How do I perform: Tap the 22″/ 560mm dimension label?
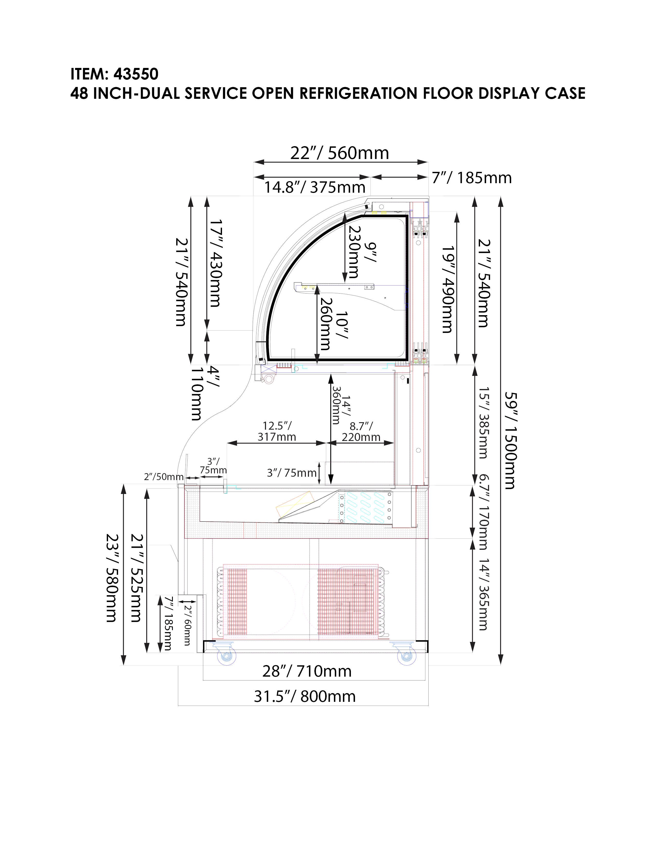(340, 153)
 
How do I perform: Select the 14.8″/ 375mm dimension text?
(315, 187)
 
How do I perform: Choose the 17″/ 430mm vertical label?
(215, 263)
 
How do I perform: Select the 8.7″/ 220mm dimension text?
(361, 431)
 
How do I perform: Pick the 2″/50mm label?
(164, 476)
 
